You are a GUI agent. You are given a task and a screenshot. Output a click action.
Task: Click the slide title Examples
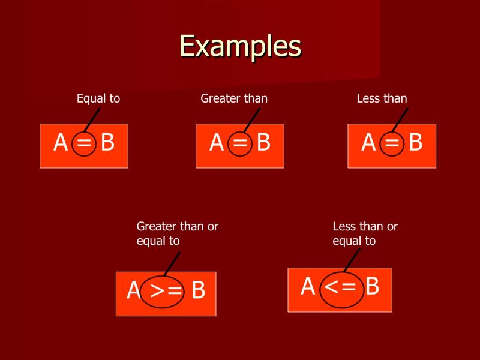[240, 46]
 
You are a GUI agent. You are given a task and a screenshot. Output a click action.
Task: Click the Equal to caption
[98, 98]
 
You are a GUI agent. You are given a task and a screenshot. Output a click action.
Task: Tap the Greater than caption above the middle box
[234, 98]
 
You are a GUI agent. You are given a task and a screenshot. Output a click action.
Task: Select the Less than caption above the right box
[382, 98]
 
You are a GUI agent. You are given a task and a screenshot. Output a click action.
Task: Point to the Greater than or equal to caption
[177, 233]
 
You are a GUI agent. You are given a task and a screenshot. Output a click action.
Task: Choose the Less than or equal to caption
[365, 233]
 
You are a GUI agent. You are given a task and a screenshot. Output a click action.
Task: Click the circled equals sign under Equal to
[84, 144]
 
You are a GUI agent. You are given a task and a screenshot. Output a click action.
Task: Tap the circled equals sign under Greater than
[240, 144]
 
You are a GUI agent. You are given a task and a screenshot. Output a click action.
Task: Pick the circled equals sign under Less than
[392, 144]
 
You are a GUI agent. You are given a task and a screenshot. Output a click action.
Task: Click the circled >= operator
[165, 291]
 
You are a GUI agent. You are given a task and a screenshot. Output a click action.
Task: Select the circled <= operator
[340, 287]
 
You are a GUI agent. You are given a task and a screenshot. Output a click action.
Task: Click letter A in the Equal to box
[61, 143]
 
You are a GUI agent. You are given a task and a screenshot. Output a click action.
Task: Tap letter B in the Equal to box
[107, 143]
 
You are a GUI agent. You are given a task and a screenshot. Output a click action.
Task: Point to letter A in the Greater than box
[217, 143]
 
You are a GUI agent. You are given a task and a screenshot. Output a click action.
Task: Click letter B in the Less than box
[415, 143]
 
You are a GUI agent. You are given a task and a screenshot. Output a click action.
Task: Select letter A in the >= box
[133, 291]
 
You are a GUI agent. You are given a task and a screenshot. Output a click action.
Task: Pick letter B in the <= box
[372, 287]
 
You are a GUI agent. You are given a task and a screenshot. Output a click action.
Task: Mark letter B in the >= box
[198, 291]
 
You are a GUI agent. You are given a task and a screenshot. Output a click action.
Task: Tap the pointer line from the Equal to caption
[92, 120]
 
